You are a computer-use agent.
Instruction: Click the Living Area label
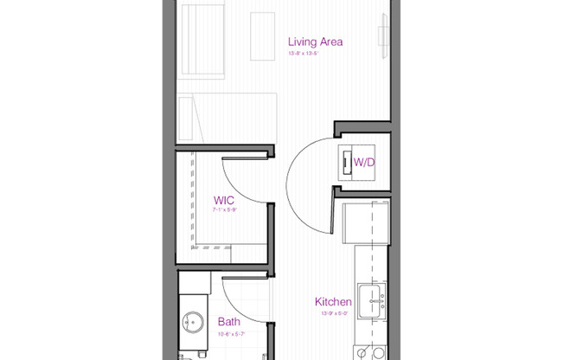click(316, 41)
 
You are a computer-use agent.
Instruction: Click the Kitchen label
click(333, 302)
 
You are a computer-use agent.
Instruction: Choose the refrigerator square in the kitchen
click(354, 222)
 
